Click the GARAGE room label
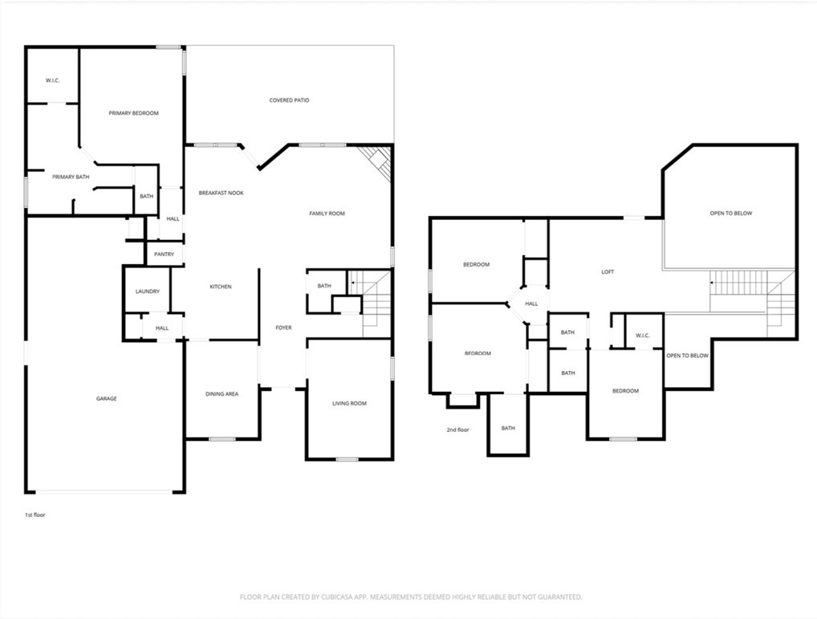pos(107,398)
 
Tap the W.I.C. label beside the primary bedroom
pos(53,80)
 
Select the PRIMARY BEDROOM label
pos(133,113)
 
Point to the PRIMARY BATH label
pos(71,177)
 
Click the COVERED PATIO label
pos(289,100)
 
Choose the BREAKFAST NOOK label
pos(221,193)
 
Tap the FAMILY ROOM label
pos(327,214)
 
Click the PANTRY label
pos(164,255)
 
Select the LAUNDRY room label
pos(147,291)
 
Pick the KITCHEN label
pos(221,287)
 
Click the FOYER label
pos(283,328)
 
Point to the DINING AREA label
pos(222,393)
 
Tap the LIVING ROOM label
pos(349,403)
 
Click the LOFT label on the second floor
pos(608,271)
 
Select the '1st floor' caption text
pos(35,515)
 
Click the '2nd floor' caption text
pos(457,430)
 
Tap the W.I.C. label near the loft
pos(642,336)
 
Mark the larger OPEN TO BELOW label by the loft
pos(730,214)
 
